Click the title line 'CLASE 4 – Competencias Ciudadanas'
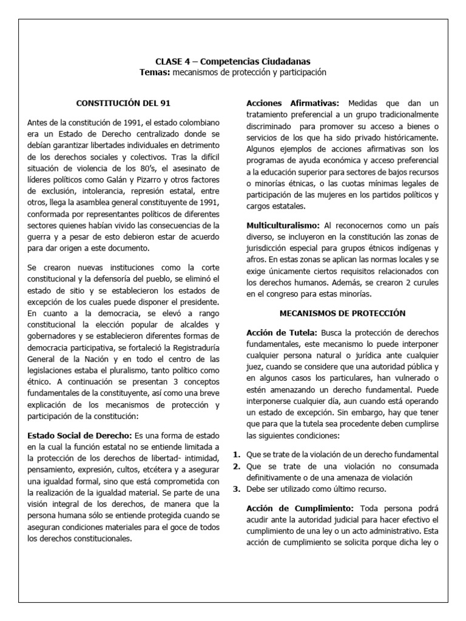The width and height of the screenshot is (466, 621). pos(234,61)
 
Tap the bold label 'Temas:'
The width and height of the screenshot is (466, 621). pos(154,72)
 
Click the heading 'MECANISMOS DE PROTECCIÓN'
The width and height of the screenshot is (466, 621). pos(342,313)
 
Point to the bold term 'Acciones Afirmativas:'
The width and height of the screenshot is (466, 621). pos(292,103)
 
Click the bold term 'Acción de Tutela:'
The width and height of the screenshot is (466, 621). pos(281,334)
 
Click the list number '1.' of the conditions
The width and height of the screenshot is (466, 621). pos(237,455)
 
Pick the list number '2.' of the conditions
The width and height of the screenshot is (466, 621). pos(237,466)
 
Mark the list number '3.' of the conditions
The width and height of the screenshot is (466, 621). pos(237,489)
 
